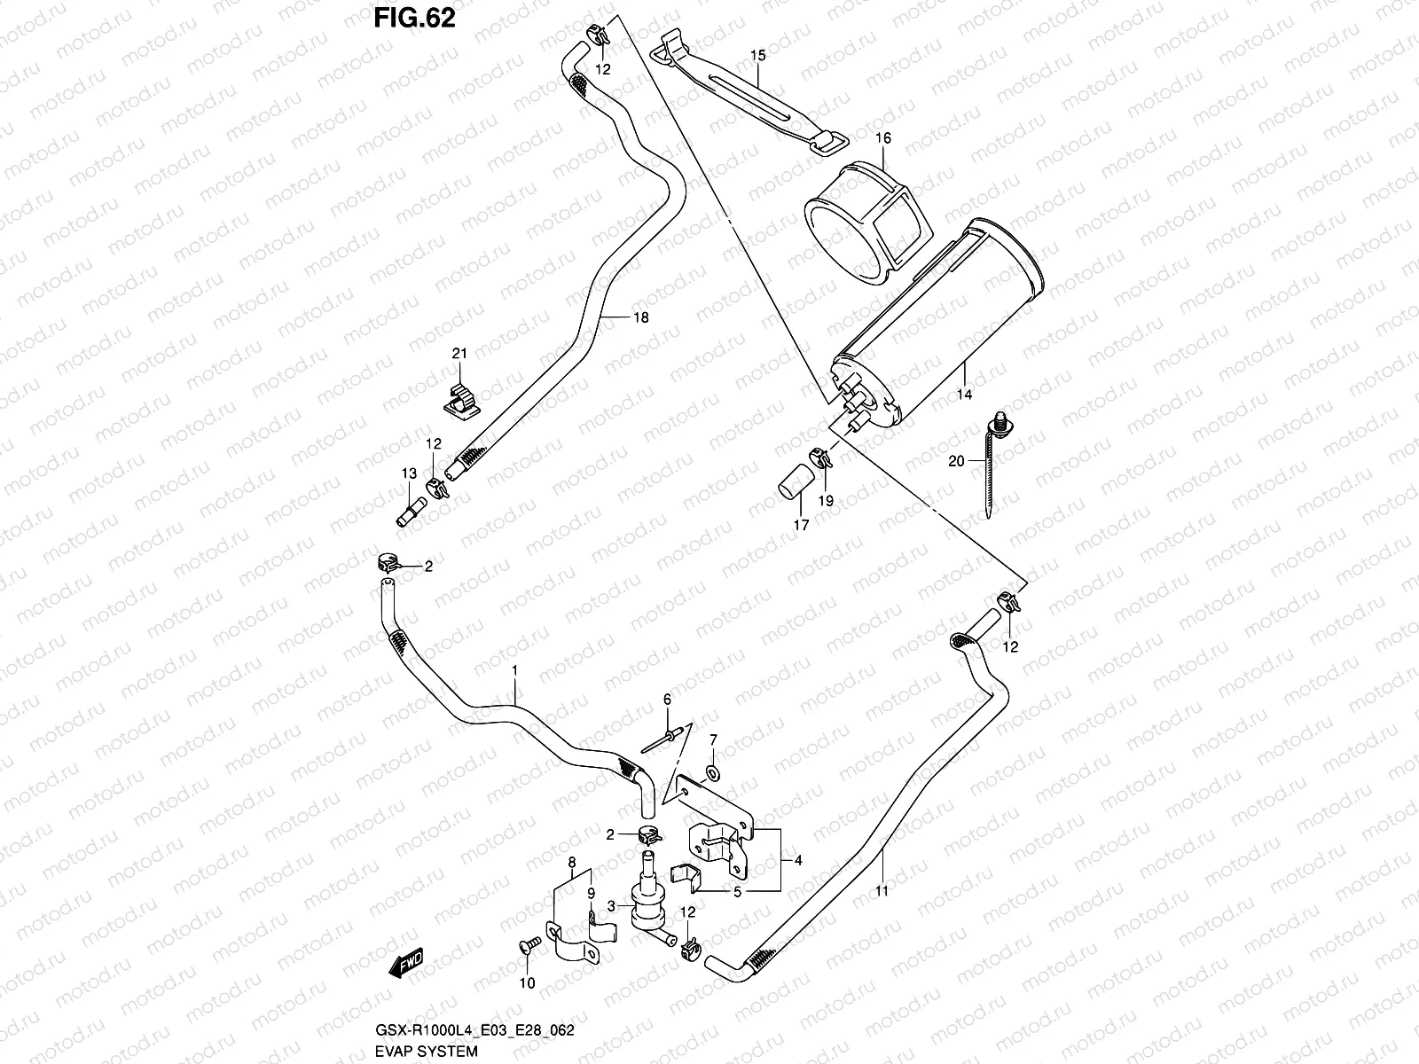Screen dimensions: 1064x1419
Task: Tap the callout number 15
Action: (757, 56)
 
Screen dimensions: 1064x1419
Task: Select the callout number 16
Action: (883, 139)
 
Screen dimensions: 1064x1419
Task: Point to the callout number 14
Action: (964, 395)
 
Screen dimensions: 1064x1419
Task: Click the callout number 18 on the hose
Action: (640, 317)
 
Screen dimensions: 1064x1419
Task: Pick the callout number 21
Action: (459, 355)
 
